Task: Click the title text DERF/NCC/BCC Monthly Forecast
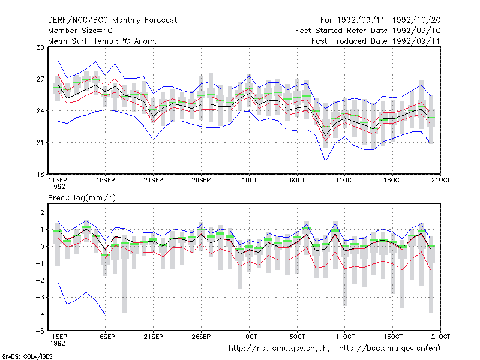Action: click(112, 20)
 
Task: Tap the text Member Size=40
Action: click(80, 31)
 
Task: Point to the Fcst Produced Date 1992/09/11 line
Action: click(376, 41)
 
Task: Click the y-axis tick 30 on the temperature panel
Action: click(40, 47)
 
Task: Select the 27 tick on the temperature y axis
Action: click(40, 79)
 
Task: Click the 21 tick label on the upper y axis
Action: click(40, 143)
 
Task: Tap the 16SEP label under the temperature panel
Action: click(106, 180)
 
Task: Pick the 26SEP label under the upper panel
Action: click(201, 180)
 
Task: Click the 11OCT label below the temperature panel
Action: click(345, 180)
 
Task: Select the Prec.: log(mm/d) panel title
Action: click(82, 198)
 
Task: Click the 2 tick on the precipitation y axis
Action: click(42, 212)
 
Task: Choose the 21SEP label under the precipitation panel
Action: click(154, 337)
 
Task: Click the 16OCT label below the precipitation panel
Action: click(393, 337)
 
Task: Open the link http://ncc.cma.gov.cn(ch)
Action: click(279, 349)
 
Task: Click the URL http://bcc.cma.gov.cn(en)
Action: click(389, 349)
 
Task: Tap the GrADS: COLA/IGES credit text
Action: click(27, 356)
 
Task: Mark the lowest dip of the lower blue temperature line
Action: click(325, 161)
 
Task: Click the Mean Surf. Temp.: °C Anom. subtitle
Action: click(103, 41)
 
